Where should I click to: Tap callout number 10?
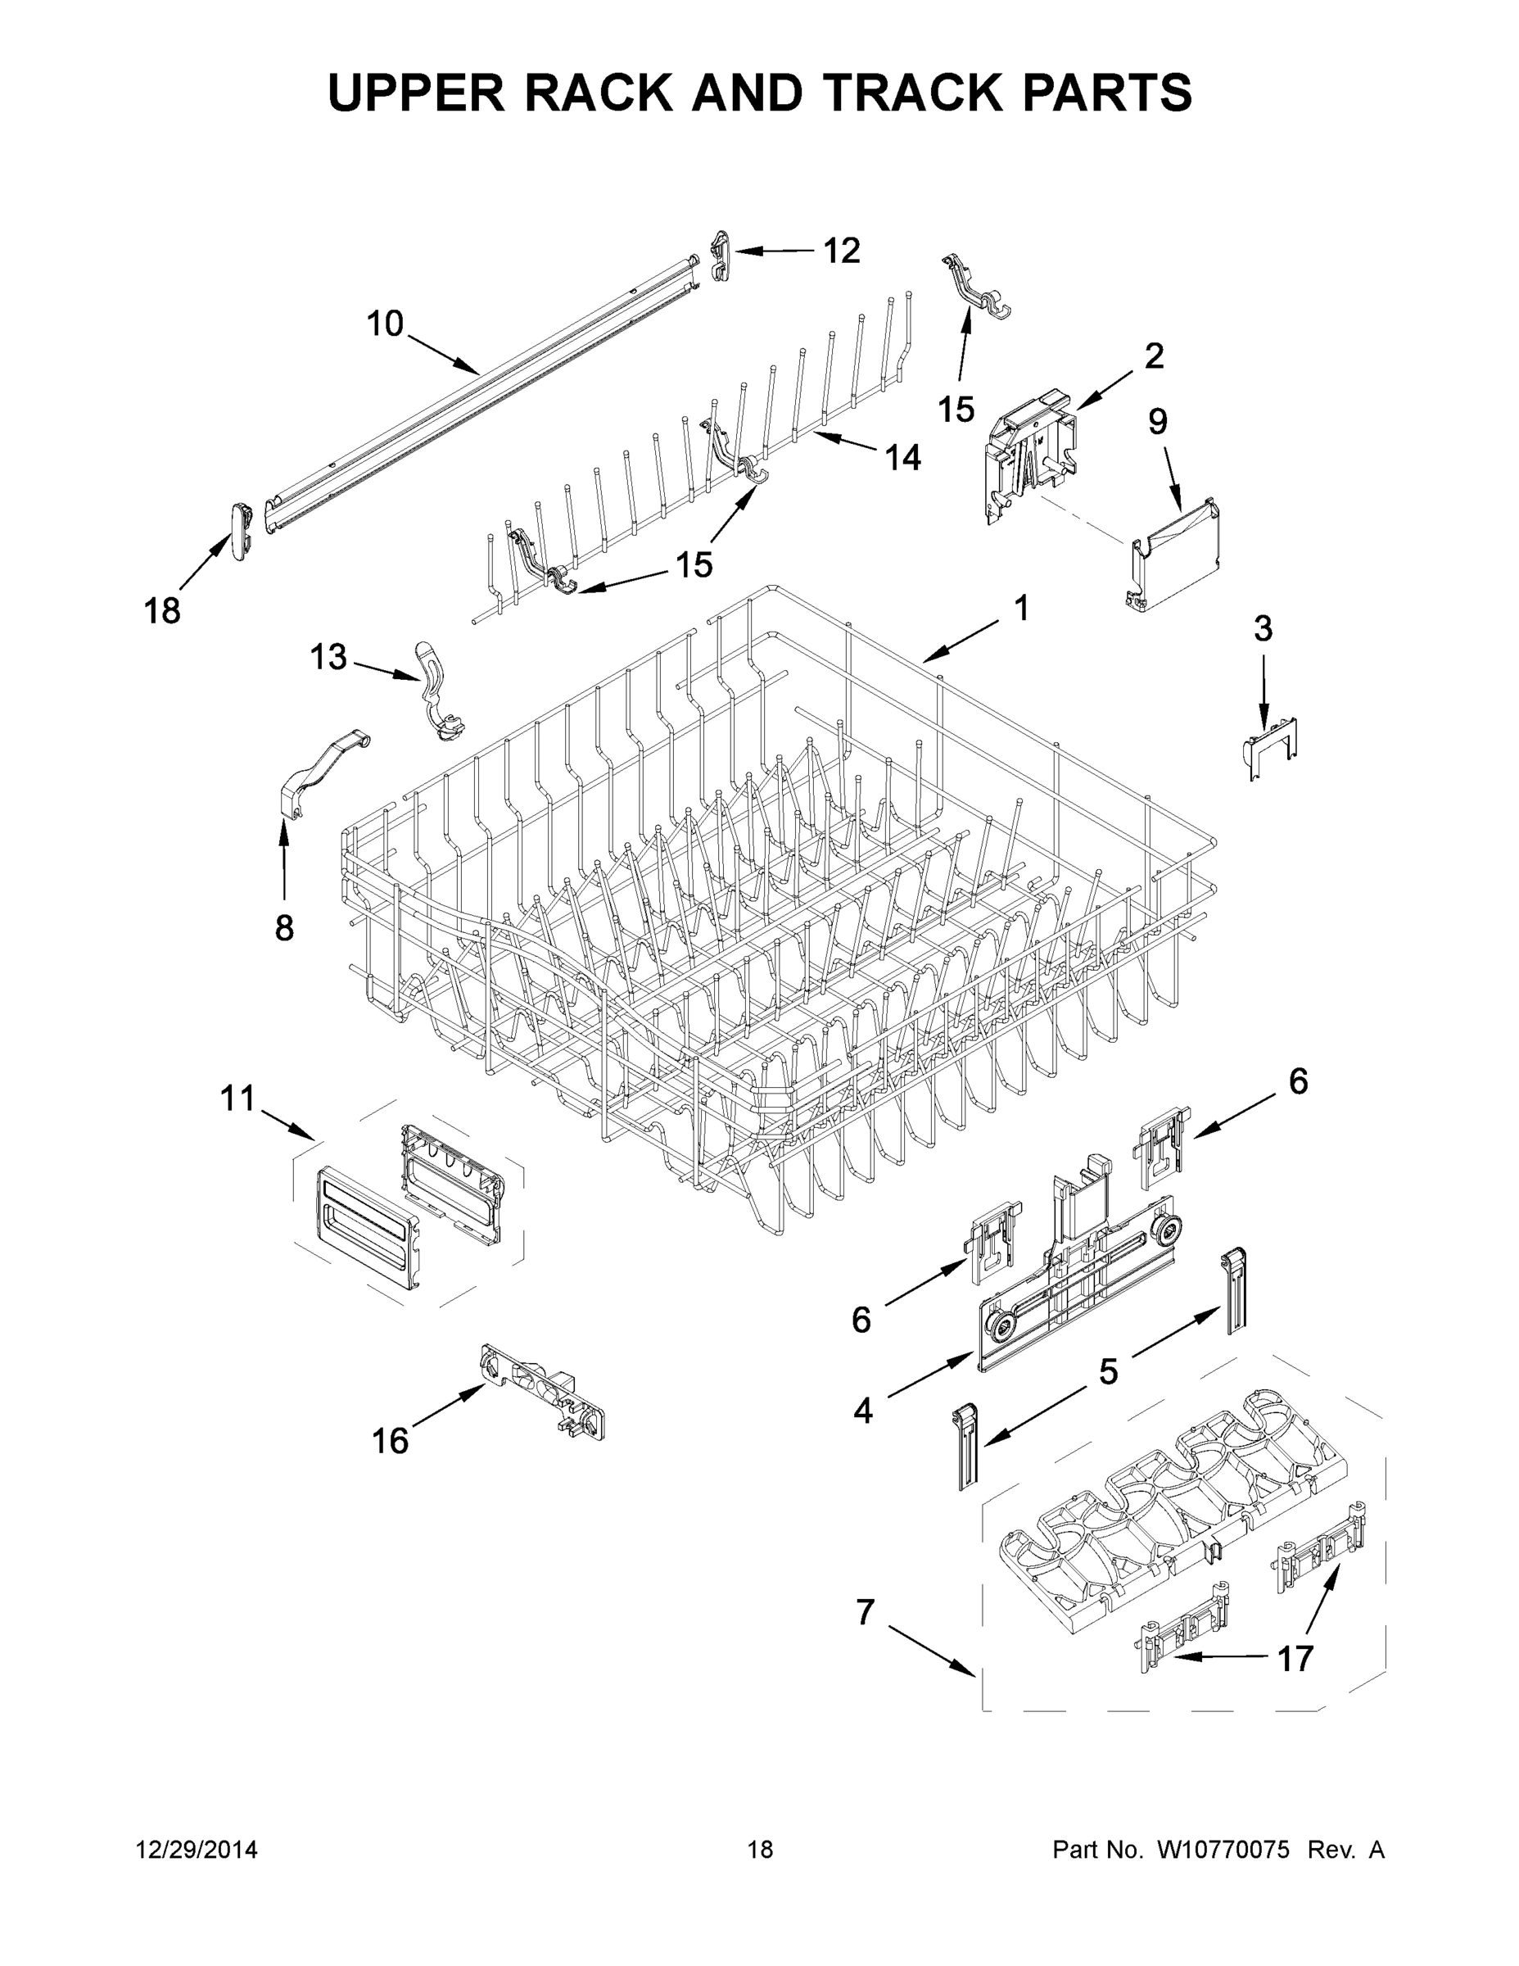coord(384,324)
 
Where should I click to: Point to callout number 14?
coord(902,457)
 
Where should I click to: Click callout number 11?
coord(238,1099)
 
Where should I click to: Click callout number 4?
coord(862,1411)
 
